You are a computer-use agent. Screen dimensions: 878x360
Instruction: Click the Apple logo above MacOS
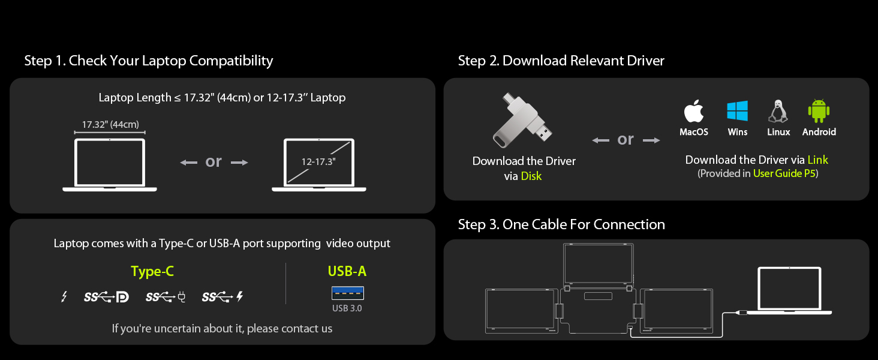[694, 111]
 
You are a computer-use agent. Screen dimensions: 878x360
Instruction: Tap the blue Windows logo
[737, 111]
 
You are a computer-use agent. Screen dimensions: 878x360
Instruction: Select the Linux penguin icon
[778, 111]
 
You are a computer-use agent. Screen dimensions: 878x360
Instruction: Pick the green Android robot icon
[819, 111]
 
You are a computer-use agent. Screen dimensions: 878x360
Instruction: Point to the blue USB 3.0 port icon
[348, 293]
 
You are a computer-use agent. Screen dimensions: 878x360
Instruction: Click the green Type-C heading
[152, 271]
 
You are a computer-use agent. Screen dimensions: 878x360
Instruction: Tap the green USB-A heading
[347, 271]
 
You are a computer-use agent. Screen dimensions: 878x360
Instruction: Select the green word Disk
[531, 176]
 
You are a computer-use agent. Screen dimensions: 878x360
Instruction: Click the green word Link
[817, 160]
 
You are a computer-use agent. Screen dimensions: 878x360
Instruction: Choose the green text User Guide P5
[784, 173]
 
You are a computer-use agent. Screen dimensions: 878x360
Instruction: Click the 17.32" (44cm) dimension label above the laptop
[110, 125]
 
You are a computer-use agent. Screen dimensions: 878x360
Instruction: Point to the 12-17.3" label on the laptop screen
[318, 161]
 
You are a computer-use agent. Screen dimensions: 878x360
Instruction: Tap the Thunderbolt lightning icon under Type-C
[64, 297]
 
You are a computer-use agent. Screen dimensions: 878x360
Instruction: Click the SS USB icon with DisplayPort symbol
[106, 297]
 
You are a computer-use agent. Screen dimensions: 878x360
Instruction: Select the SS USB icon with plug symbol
[166, 297]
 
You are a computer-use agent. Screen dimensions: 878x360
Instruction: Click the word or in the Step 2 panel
[625, 140]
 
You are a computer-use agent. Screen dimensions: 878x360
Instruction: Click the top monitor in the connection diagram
[598, 264]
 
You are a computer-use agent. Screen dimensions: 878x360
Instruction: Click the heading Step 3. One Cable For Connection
[561, 224]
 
